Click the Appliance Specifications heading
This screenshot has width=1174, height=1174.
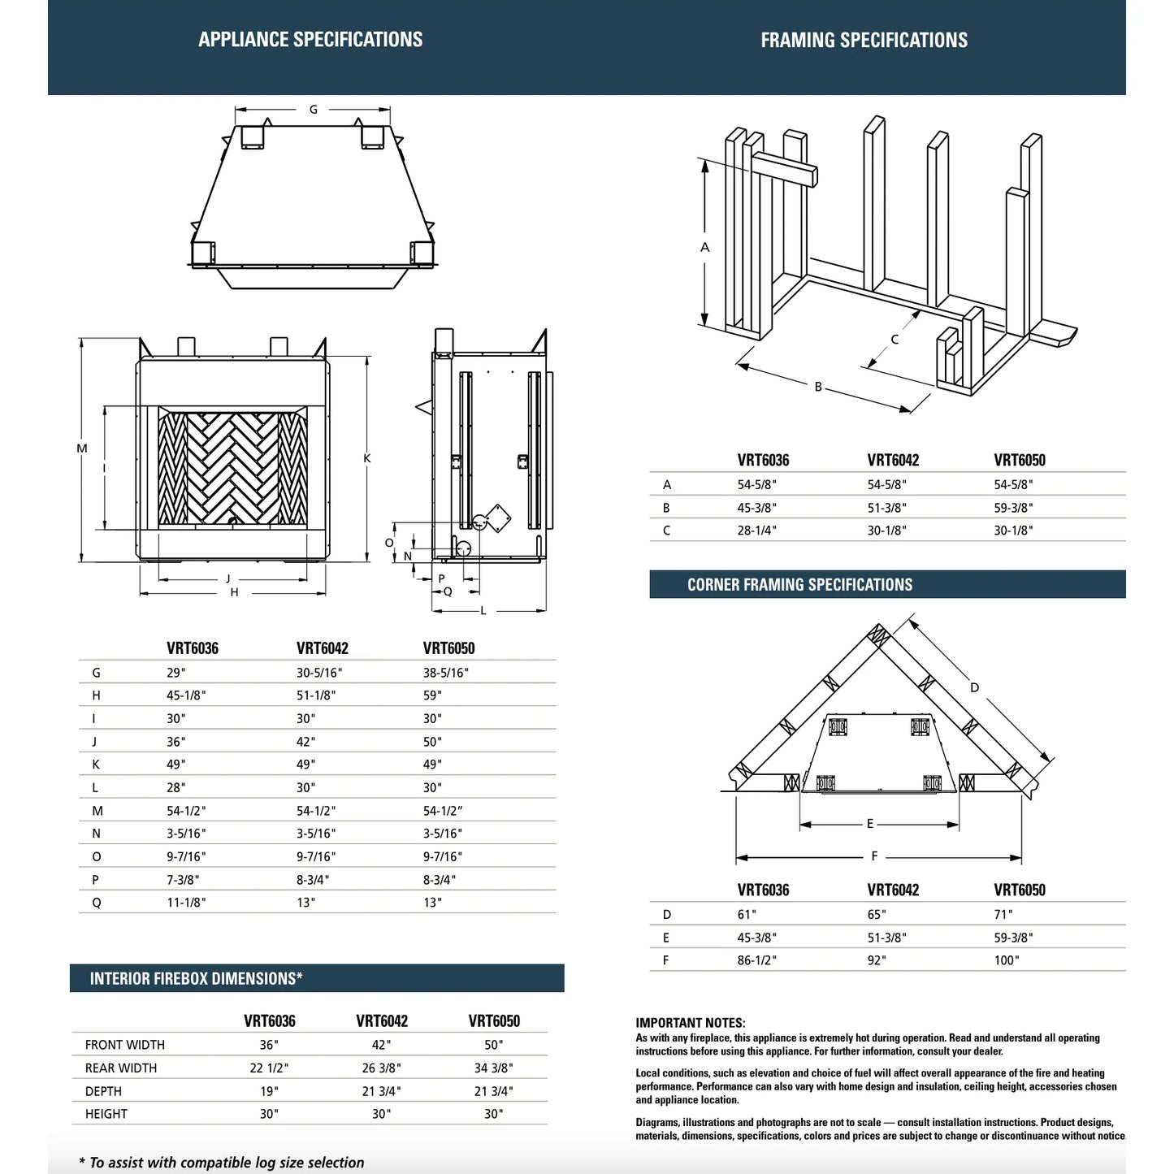310,40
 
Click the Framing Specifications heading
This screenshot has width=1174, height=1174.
864,41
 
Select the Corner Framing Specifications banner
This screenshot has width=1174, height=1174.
799,585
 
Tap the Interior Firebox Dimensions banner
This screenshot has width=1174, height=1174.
196,979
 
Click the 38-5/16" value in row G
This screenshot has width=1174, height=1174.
445,673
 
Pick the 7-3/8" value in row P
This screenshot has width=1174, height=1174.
183,880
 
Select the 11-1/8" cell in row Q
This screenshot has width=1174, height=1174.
186,903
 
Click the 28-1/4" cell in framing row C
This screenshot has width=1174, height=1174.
756,531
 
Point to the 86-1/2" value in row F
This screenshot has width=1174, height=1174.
756,960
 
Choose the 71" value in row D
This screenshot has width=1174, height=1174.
1003,915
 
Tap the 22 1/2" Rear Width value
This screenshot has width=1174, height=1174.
269,1068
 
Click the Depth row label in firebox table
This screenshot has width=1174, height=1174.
103,1091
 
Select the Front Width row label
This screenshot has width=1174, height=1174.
124,1045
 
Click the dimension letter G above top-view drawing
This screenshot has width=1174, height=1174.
314,110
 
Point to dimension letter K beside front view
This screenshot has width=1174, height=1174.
367,459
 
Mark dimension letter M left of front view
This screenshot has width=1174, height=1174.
82,448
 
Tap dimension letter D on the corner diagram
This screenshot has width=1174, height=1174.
974,688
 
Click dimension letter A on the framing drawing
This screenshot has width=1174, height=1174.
704,247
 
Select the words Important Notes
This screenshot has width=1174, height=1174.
690,1023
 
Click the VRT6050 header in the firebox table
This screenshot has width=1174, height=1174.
494,1021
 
